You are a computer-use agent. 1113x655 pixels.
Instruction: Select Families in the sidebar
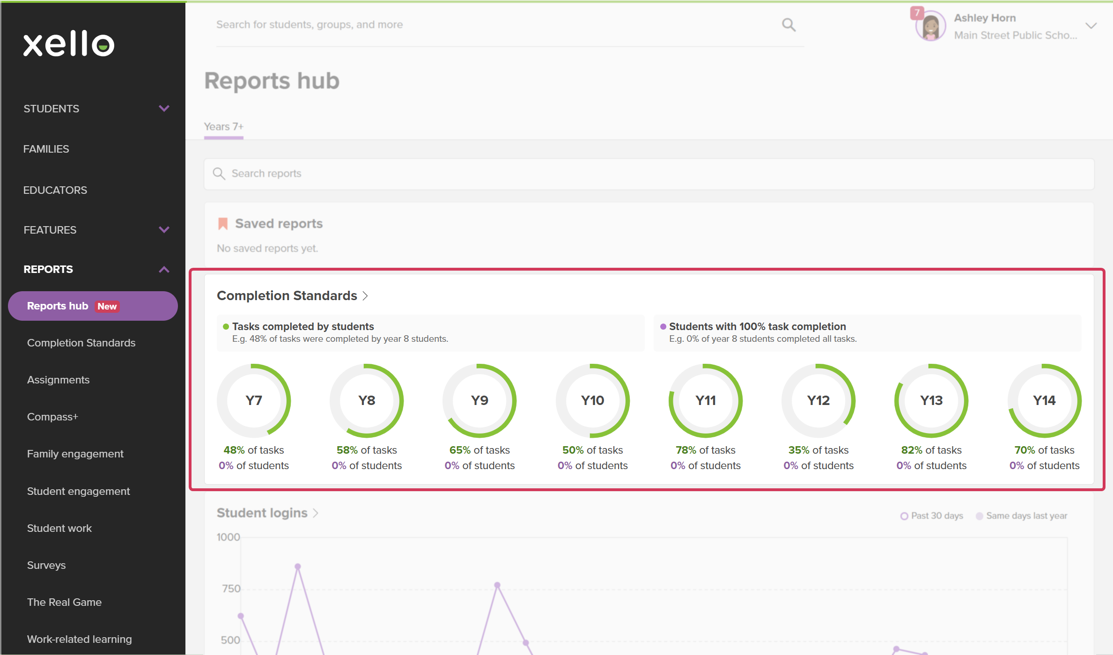click(x=46, y=149)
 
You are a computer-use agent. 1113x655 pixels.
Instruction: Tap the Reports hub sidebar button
click(x=93, y=306)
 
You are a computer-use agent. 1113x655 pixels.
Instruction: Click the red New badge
click(x=107, y=306)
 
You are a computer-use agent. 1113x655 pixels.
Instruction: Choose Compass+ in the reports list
click(x=52, y=417)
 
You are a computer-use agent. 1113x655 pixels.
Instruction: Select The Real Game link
click(x=64, y=602)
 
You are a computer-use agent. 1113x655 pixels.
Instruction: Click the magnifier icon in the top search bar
click(x=789, y=24)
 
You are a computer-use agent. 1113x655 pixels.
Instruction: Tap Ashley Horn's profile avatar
click(x=930, y=26)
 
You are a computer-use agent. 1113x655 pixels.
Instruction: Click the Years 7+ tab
click(x=224, y=126)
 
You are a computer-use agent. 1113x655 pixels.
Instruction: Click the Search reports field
click(x=649, y=174)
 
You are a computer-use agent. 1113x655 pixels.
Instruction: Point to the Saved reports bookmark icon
click(x=223, y=223)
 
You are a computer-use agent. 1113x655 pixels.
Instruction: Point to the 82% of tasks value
click(x=931, y=450)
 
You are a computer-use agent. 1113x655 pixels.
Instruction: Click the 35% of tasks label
click(x=818, y=450)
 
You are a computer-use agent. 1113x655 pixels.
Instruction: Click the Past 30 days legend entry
click(x=931, y=515)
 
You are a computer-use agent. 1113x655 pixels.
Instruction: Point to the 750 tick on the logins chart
click(x=231, y=589)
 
